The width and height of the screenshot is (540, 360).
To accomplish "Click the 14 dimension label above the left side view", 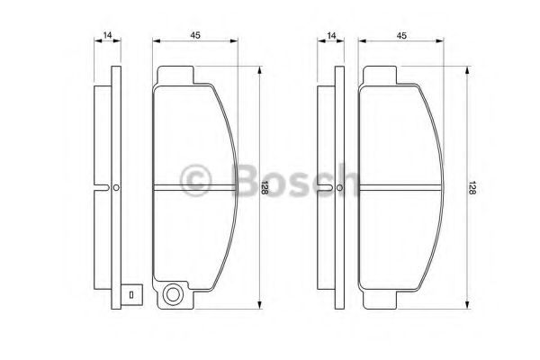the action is [107, 35].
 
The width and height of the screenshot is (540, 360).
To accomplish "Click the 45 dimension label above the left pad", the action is [195, 35].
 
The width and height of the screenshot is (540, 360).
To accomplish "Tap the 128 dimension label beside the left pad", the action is [265, 188].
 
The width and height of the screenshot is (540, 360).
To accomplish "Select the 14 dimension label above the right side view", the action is [331, 35].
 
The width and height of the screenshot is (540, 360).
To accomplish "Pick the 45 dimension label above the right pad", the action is [401, 35].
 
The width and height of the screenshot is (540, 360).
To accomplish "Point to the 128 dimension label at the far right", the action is [472, 188].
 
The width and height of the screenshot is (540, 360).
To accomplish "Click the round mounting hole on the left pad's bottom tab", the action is [172, 294].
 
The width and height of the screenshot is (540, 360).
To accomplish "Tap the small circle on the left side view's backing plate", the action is [116, 188].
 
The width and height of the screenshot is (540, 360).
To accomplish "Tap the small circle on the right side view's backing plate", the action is [339, 188].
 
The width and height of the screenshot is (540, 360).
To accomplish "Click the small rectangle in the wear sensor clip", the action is [131, 295].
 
